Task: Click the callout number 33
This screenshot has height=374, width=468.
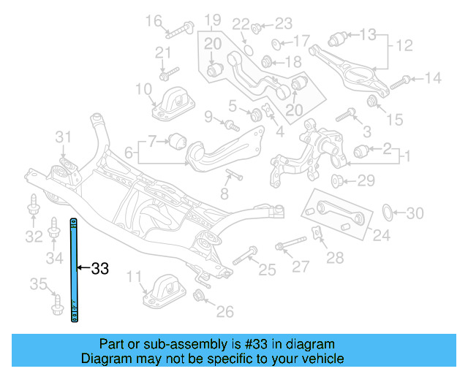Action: click(x=99, y=269)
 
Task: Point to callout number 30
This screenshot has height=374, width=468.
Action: click(x=415, y=213)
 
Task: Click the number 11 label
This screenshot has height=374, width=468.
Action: click(x=133, y=276)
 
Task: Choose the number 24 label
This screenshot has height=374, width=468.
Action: click(x=380, y=235)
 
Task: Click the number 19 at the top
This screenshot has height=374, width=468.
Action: click(x=212, y=19)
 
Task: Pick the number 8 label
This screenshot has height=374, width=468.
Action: click(x=224, y=194)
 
